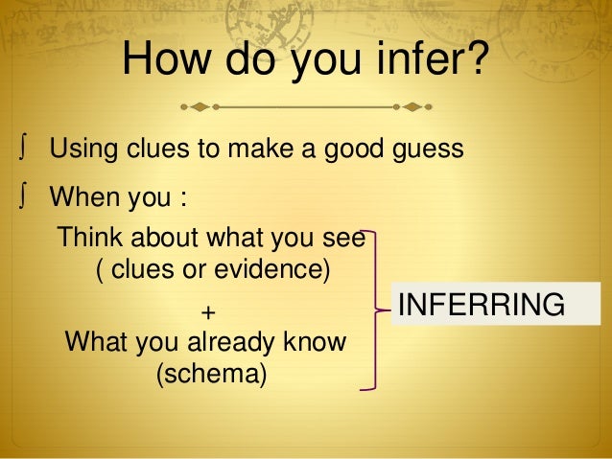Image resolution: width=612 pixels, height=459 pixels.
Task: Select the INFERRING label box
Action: tap(479, 305)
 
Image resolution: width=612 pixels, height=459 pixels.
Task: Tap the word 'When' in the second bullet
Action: tap(81, 200)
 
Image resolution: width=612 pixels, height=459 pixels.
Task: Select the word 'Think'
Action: tap(91, 236)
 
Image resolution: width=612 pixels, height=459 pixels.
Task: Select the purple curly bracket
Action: tap(376, 310)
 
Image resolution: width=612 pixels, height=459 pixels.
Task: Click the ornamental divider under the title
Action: tap(306, 104)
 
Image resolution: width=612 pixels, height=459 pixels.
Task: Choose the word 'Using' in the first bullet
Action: tap(81, 149)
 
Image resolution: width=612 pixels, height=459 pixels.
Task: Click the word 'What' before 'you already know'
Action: tap(92, 341)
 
